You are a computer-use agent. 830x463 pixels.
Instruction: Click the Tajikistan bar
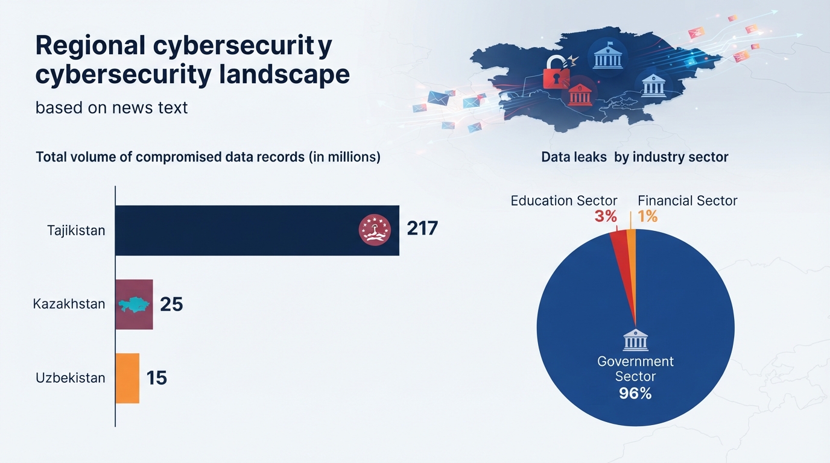pos(257,230)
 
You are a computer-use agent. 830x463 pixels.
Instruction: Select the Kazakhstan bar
pos(134,304)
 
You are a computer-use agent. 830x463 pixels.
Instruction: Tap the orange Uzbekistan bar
pos(127,378)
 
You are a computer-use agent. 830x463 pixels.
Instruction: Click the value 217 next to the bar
pos(422,228)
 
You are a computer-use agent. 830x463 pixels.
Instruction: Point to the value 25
pos(171,304)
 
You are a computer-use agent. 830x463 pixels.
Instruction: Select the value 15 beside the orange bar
pos(157,378)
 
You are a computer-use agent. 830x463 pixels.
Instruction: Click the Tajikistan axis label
pos(76,230)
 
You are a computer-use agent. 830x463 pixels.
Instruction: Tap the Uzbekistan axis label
pos(71,378)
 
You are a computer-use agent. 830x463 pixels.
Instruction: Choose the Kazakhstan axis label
pos(69,304)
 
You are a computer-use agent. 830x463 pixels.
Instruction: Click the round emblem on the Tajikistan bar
pos(375,230)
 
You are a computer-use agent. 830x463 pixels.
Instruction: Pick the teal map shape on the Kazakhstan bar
pos(135,304)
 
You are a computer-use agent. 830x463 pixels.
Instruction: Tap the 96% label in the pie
pos(635,393)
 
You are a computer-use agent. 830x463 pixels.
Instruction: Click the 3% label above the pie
pos(606,216)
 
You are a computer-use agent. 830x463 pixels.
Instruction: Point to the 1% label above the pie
pos(648,216)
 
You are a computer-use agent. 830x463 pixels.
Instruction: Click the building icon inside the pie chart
pos(636,339)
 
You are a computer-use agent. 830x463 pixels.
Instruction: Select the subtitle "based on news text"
pos(112,108)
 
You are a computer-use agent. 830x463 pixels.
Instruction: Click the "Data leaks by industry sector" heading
pos(635,157)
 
